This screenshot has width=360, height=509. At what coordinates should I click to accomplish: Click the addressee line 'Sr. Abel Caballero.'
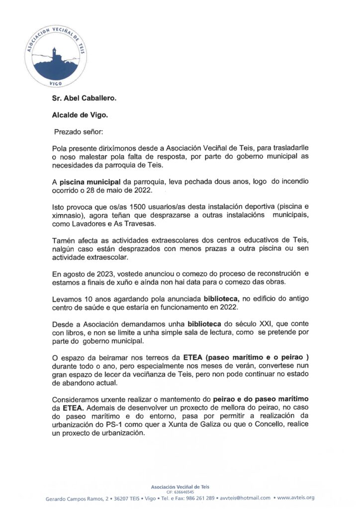[x=84, y=98]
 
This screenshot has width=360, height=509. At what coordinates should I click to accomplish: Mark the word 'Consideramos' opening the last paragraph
[x=76, y=399]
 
